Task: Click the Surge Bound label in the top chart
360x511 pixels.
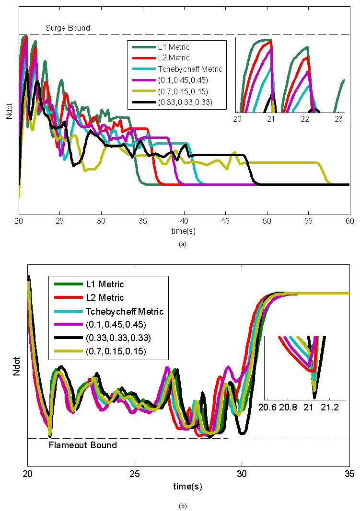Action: [x=68, y=28]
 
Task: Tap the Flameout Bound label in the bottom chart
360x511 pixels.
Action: [x=83, y=445]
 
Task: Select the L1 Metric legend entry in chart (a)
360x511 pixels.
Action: [x=174, y=47]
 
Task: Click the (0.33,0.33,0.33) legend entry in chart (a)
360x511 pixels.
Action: [x=185, y=102]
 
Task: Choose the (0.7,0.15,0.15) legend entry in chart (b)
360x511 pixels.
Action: [x=116, y=352]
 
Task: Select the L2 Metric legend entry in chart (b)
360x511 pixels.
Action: [x=105, y=297]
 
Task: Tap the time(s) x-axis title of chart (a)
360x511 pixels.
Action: [x=183, y=231]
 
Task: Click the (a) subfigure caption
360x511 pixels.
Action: [x=182, y=244]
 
